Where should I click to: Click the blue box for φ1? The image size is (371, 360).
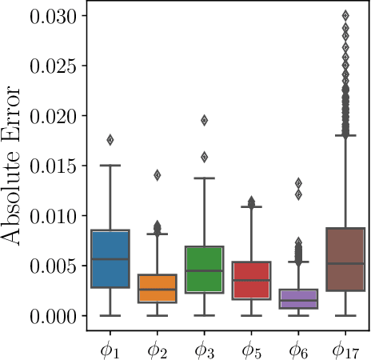pos(110,258)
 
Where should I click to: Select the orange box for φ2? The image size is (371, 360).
pos(158,288)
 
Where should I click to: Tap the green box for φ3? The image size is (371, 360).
pos(204,270)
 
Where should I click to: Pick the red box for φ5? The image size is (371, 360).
pos(251,280)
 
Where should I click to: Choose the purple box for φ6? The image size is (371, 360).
pos(298,298)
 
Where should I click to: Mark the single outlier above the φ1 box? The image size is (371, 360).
pos(110,140)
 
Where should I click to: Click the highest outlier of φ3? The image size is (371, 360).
pos(204,120)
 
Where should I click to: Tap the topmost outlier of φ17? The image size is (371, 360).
pos(345,15)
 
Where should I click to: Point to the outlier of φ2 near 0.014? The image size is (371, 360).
pos(158,175)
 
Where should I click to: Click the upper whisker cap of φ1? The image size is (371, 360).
pos(110,166)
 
